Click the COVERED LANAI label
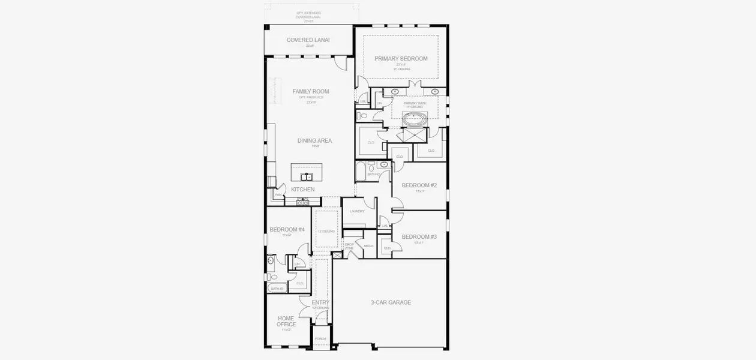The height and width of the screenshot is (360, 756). tap(308, 40)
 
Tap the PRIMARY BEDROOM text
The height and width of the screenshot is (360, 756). tap(401, 59)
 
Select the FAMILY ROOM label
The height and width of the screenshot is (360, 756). tap(311, 92)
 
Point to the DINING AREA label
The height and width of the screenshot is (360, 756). tap(314, 141)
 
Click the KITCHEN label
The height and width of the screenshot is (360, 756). tap(303, 190)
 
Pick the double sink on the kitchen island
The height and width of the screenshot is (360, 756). tap(307, 176)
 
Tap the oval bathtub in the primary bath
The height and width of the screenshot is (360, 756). tap(414, 119)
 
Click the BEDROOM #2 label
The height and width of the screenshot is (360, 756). tap(419, 185)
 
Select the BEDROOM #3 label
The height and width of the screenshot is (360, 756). tap(419, 237)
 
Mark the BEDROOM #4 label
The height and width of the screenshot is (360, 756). tap(287, 230)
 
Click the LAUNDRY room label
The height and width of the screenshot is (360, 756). tap(357, 211)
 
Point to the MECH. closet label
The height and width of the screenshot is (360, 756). tap(368, 246)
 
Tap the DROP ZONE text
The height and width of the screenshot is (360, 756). tap(349, 246)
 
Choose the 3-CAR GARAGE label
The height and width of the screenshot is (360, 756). tap(390, 302)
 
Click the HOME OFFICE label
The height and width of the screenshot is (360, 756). tap(286, 321)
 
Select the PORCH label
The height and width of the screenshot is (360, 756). tap(320, 338)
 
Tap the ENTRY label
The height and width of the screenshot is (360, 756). tap(320, 302)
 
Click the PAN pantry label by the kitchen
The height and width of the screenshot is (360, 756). tap(278, 195)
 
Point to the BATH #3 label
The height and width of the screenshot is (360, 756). tap(277, 289)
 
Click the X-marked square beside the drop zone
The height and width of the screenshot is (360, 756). tap(338, 256)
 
